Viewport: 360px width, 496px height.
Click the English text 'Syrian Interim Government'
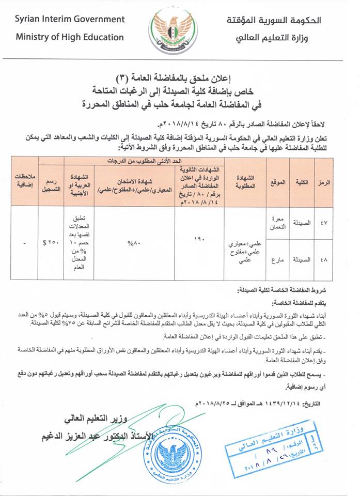70,19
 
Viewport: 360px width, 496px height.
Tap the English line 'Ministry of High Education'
70,37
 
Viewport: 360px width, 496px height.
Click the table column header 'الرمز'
333,184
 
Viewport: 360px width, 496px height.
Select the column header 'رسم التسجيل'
51,184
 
